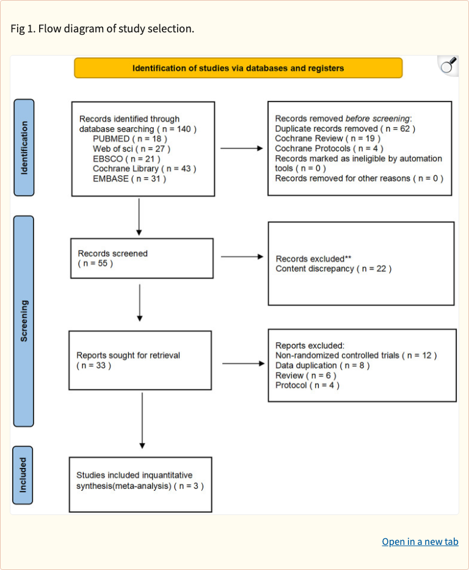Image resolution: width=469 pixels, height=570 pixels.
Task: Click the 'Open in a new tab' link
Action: (420, 542)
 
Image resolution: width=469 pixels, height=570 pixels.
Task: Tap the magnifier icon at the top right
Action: (448, 66)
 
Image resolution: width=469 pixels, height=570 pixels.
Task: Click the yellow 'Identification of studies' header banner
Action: (238, 68)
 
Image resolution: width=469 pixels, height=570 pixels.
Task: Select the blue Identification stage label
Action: (24, 147)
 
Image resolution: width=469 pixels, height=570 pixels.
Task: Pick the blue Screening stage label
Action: (24, 321)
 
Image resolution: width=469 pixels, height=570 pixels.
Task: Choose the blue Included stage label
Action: (24, 475)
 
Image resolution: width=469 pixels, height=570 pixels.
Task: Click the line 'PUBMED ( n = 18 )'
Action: (129, 139)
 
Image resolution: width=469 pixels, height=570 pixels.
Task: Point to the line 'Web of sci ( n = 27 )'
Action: (131, 148)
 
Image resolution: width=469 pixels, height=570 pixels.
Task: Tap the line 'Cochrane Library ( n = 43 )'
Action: (144, 168)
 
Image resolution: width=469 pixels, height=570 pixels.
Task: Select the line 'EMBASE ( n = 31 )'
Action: (129, 178)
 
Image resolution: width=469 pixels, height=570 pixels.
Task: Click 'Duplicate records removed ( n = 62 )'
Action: (345, 129)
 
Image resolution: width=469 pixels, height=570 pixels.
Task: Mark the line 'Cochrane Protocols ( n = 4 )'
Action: (329, 148)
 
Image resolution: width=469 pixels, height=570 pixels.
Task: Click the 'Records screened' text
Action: (112, 254)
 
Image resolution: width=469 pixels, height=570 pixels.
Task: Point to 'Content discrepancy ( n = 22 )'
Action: (333, 269)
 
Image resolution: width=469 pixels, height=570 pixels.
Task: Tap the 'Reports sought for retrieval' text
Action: (128, 355)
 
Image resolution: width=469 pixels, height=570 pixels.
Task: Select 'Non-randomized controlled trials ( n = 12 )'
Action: (356, 356)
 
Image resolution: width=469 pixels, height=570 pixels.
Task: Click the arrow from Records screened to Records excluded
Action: (241, 257)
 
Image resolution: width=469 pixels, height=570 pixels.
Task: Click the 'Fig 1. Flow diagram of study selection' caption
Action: (103, 29)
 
